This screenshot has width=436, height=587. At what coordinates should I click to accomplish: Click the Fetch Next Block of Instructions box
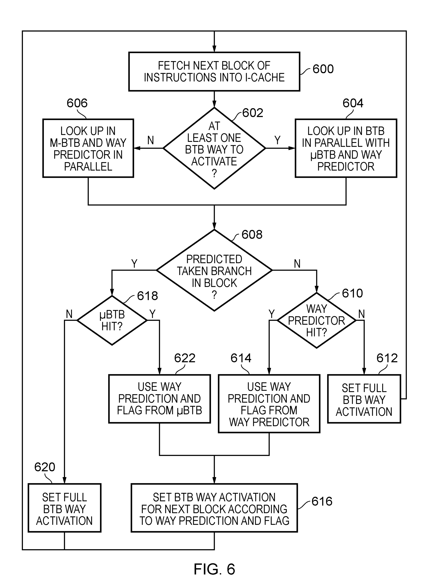214,71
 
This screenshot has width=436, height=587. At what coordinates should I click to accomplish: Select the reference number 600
323,69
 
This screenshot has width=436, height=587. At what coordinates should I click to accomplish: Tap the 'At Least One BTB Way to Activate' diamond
214,148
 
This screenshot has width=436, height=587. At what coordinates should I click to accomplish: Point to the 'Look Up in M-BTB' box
88,148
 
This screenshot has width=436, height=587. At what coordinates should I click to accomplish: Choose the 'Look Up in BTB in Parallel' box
346,148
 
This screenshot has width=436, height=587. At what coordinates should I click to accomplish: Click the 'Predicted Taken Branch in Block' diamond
214,270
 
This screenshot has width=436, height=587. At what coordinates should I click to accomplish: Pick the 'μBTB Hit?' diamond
112,320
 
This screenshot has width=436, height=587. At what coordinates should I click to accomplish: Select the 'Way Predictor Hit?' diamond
316,320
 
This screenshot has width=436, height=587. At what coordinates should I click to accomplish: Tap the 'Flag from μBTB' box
160,399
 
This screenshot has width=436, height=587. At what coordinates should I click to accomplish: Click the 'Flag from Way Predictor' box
269,404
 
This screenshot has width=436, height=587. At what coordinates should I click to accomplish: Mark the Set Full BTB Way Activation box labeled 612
364,399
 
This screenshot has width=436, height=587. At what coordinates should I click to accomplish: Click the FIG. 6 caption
214,569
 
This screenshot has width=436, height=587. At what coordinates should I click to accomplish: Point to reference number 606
77,103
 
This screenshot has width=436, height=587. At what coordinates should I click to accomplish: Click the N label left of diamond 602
150,140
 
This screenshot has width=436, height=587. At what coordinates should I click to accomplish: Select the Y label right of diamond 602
277,140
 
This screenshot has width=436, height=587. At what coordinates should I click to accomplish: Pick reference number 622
185,358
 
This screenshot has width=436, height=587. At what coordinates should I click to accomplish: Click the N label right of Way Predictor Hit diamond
361,314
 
